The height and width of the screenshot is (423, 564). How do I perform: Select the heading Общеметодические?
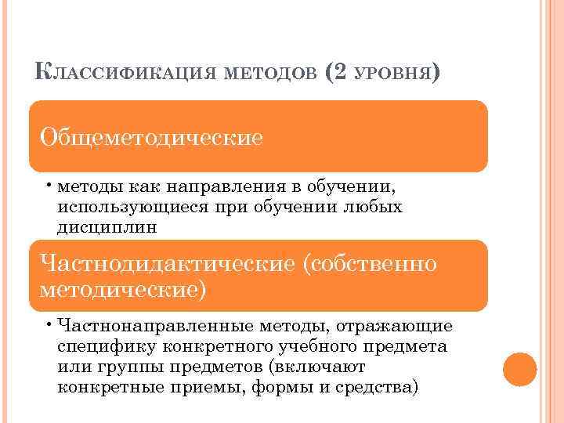click(151, 138)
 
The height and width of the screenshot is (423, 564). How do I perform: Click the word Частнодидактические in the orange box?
click(166, 263)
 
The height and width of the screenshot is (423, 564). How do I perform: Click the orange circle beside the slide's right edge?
click(519, 370)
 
